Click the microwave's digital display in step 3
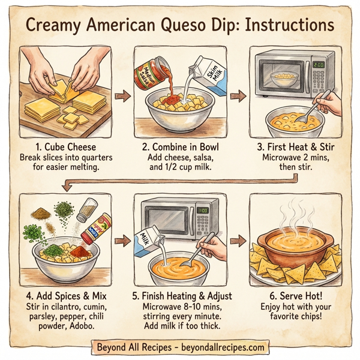(318, 62)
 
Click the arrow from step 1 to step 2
(123, 95)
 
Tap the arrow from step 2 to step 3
(238, 95)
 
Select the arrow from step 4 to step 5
(123, 241)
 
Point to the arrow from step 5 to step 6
(238, 241)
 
